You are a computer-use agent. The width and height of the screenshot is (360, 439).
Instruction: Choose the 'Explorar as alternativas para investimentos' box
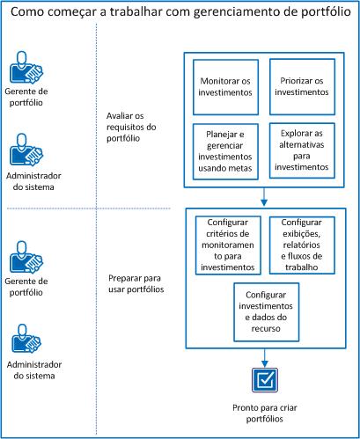(x=299, y=149)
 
